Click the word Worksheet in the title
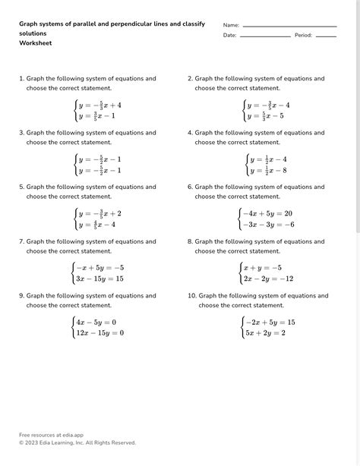pyautogui.click(x=35, y=43)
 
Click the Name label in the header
pyautogui.click(x=231, y=25)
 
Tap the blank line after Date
pyautogui.click(x=265, y=36)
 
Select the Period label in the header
pyautogui.click(x=303, y=36)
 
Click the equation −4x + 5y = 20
pyautogui.click(x=267, y=213)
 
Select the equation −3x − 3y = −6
pyautogui.click(x=267, y=225)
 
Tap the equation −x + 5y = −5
pyautogui.click(x=99, y=267)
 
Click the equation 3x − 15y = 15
pyautogui.click(x=99, y=279)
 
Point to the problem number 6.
pyautogui.click(x=190, y=187)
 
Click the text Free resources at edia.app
pyautogui.click(x=51, y=435)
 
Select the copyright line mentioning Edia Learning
pyautogui.click(x=77, y=442)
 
